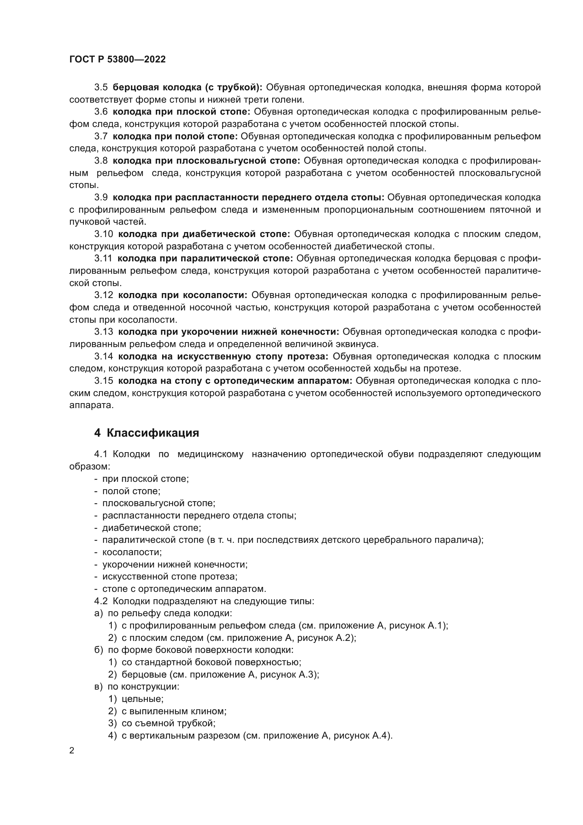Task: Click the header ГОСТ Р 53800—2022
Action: coord(117,60)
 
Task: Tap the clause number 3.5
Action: coord(101,87)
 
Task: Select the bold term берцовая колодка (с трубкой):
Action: coord(188,87)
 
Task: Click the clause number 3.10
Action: coord(103,234)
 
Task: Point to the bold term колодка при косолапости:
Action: coord(183,295)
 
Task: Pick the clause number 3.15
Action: coord(103,381)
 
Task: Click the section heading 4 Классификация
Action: coord(147,433)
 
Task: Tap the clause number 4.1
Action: coord(101,455)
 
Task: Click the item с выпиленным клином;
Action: coord(174,711)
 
